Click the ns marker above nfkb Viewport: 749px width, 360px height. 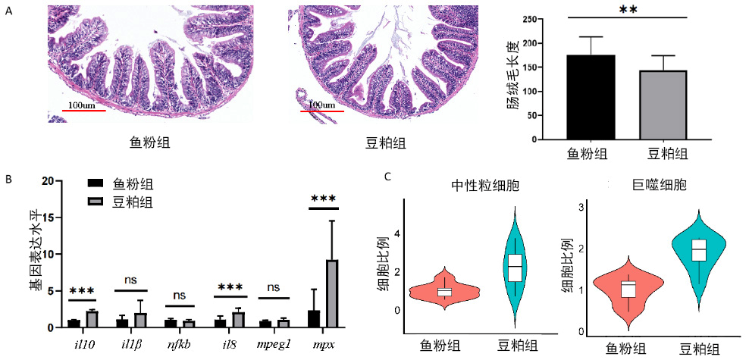[x=180, y=296]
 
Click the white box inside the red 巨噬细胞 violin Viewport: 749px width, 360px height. [x=627, y=289]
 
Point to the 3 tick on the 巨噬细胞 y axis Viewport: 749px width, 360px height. [x=580, y=207]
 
